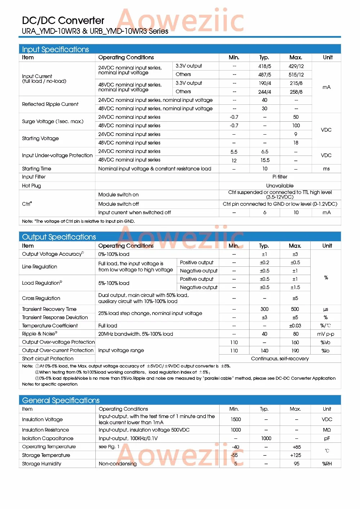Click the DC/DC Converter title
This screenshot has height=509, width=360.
(x=63, y=21)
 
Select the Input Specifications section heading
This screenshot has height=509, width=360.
(x=55, y=49)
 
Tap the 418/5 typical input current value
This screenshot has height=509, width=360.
(x=265, y=66)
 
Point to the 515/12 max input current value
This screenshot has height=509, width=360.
(x=296, y=75)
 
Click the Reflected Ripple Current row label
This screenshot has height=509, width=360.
(x=50, y=104)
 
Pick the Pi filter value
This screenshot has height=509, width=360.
(x=280, y=177)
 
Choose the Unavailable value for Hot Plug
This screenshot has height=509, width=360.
(x=280, y=186)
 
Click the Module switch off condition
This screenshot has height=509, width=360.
(x=118, y=204)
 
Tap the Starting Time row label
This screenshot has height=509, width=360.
(x=36, y=169)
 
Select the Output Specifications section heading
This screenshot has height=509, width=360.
(x=59, y=237)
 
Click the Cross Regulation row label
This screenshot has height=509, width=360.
(x=41, y=298)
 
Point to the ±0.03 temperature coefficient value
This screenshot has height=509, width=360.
(x=295, y=326)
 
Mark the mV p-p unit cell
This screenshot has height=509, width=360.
(x=326, y=334)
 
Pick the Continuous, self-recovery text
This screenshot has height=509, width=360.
(x=280, y=359)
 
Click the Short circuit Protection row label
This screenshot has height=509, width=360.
(x=48, y=359)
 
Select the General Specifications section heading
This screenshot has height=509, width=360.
(x=61, y=400)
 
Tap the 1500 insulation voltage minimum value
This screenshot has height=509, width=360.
(x=236, y=419)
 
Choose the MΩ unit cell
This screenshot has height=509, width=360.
(x=327, y=430)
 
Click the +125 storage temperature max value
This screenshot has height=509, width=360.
(x=296, y=455)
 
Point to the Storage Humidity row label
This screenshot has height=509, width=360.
(x=41, y=464)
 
